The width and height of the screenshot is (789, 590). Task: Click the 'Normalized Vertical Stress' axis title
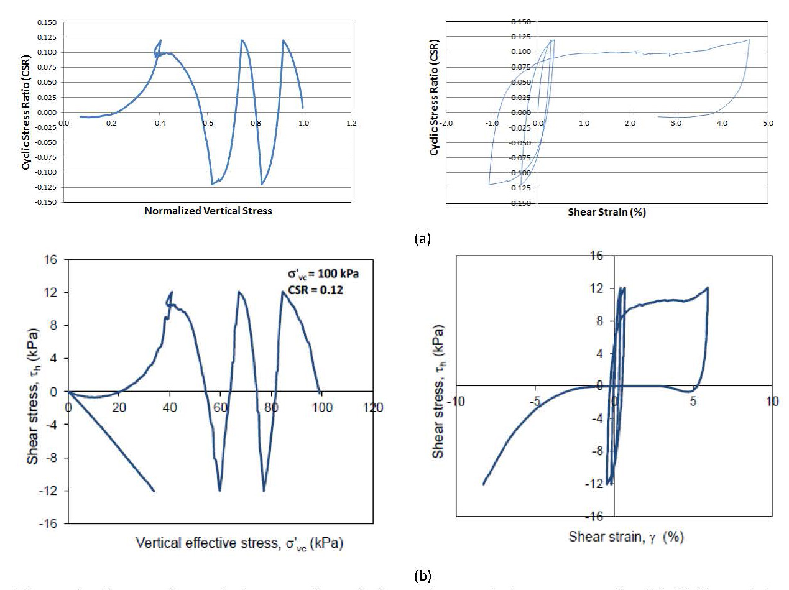coord(208,211)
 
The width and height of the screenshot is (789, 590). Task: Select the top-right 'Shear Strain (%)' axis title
coord(606,212)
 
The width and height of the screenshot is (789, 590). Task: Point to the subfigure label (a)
coord(422,237)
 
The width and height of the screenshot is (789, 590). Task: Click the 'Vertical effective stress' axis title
coord(239,543)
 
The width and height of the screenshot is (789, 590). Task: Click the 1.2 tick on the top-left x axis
coord(352,123)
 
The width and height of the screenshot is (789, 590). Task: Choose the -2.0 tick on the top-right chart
coord(446,123)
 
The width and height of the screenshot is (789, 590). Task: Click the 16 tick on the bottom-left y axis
coord(52,259)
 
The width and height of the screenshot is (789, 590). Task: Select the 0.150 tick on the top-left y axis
coord(47,22)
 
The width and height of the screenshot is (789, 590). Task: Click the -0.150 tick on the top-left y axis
coord(45,202)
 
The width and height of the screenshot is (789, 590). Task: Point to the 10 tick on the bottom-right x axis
coord(772,402)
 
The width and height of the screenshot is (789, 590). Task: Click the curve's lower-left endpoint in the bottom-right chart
coord(483,484)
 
